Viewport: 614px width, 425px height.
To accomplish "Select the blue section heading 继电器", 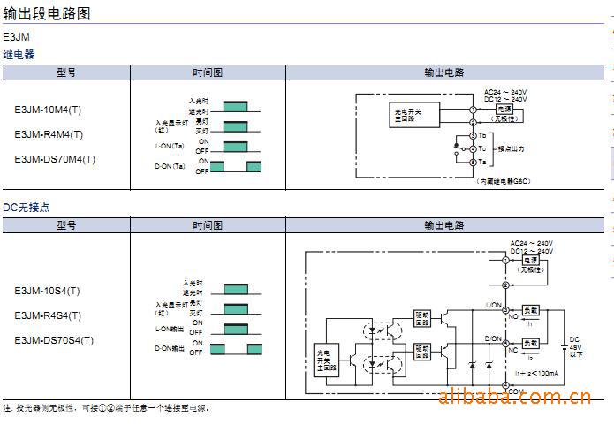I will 19,55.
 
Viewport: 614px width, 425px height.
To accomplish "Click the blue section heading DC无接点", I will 27,208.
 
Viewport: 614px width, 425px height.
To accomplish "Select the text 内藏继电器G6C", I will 503,180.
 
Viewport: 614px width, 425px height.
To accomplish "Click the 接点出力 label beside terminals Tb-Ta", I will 512,148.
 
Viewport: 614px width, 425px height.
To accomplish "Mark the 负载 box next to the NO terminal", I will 531,311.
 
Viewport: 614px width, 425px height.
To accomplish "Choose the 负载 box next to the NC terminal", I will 531,342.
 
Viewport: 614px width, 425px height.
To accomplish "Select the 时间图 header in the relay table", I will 208,72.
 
